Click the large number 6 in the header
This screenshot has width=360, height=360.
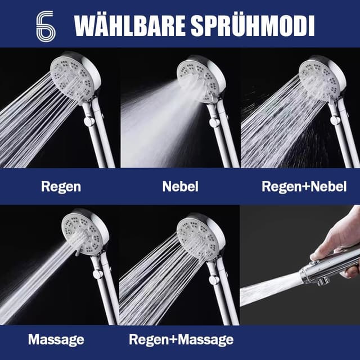click(x=45, y=25)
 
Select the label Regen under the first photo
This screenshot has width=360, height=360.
click(x=61, y=187)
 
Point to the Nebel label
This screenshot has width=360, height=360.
click(x=180, y=187)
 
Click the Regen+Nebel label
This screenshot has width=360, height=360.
click(x=304, y=187)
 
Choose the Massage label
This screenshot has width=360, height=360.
click(x=56, y=340)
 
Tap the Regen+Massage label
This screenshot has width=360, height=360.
click(x=181, y=340)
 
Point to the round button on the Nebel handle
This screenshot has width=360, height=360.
click(x=213, y=122)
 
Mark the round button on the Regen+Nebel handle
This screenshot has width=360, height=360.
click(x=335, y=120)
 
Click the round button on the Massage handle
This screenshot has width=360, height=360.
click(x=97, y=274)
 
